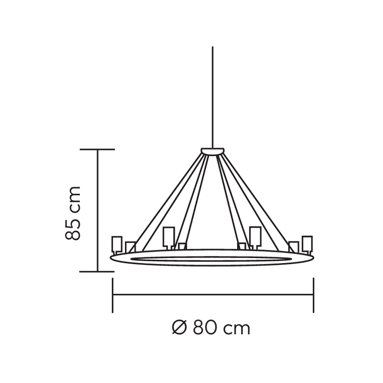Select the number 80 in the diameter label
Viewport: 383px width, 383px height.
(205, 328)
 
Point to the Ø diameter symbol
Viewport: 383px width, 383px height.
(180, 328)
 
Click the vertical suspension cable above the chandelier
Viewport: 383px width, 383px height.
(212, 97)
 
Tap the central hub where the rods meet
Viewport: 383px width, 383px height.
(212, 151)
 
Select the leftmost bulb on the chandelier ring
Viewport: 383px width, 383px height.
(117, 245)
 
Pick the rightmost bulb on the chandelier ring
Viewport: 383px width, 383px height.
(307, 245)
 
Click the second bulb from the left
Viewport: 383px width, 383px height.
(130, 247)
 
